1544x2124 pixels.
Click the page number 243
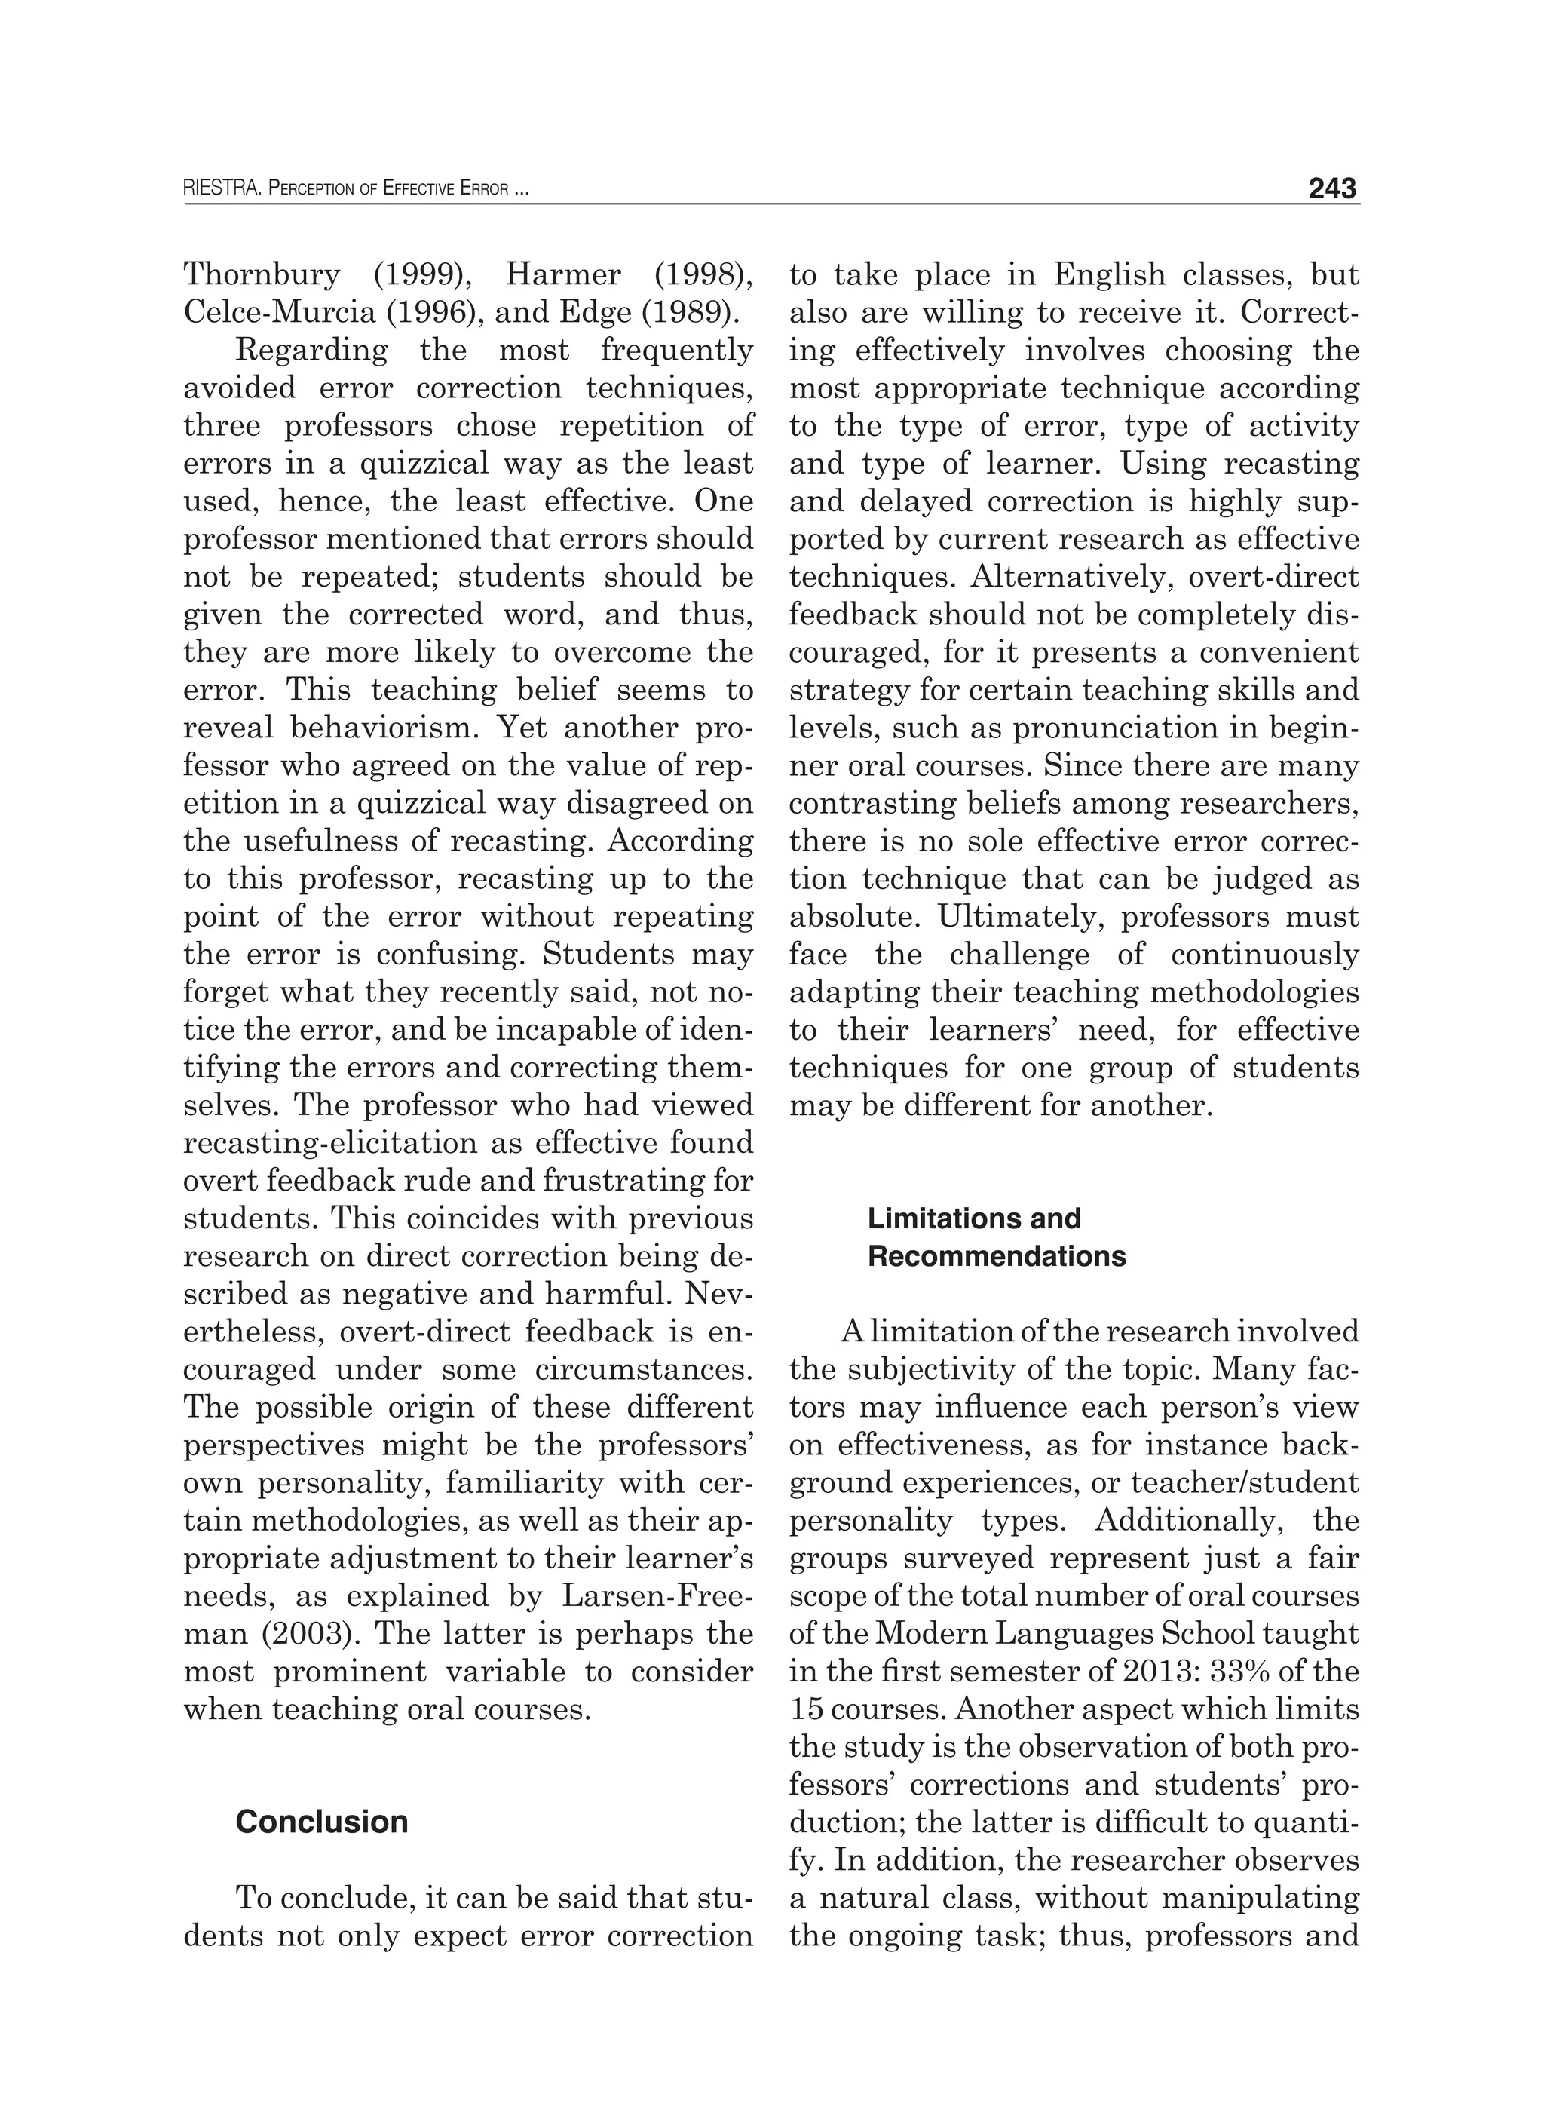tap(1332, 188)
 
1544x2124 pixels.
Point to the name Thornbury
tap(262, 274)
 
